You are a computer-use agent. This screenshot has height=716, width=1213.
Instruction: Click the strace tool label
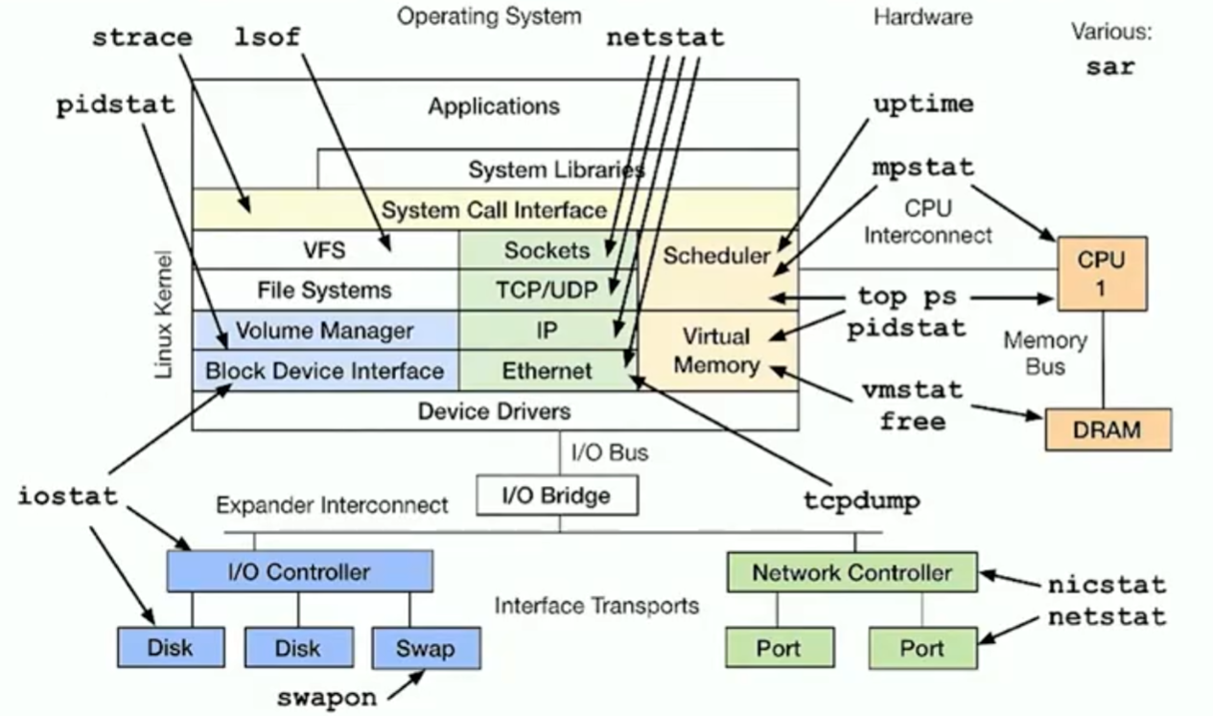pyautogui.click(x=142, y=38)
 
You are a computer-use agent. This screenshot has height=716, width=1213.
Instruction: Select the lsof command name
pyautogui.click(x=268, y=38)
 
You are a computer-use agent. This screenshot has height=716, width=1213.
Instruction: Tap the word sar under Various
pyautogui.click(x=1110, y=67)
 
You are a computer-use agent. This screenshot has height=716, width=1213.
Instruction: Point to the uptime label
pyautogui.click(x=922, y=104)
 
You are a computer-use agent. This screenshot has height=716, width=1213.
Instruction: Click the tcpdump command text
pyautogui.click(x=861, y=500)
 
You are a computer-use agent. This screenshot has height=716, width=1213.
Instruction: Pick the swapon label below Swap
pyautogui.click(x=327, y=697)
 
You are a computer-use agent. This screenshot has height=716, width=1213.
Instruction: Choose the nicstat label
pyautogui.click(x=1107, y=584)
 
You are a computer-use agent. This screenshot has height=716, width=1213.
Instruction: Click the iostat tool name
pyautogui.click(x=68, y=497)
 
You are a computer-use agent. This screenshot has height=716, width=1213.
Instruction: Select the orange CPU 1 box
pyautogui.click(x=1101, y=273)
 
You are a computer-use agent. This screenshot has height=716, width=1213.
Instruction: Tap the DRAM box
pyautogui.click(x=1108, y=429)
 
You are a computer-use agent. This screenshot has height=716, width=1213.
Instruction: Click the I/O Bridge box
pyautogui.click(x=557, y=496)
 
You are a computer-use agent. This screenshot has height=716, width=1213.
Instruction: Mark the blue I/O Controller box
pyautogui.click(x=299, y=572)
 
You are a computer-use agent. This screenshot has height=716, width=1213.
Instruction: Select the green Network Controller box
pyautogui.click(x=851, y=572)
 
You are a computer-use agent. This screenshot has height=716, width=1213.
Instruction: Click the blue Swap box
pyautogui.click(x=425, y=648)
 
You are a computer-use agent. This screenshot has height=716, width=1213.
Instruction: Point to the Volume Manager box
pyautogui.click(x=325, y=331)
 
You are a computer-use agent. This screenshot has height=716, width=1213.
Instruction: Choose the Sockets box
pyautogui.click(x=548, y=250)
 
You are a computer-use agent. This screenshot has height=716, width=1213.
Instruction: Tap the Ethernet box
pyautogui.click(x=548, y=370)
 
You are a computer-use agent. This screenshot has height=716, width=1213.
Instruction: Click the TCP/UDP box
pyautogui.click(x=548, y=289)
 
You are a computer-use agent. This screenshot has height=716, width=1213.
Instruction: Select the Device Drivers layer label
pyautogui.click(x=495, y=411)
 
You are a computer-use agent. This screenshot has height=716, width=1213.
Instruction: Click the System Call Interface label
pyautogui.click(x=495, y=209)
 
